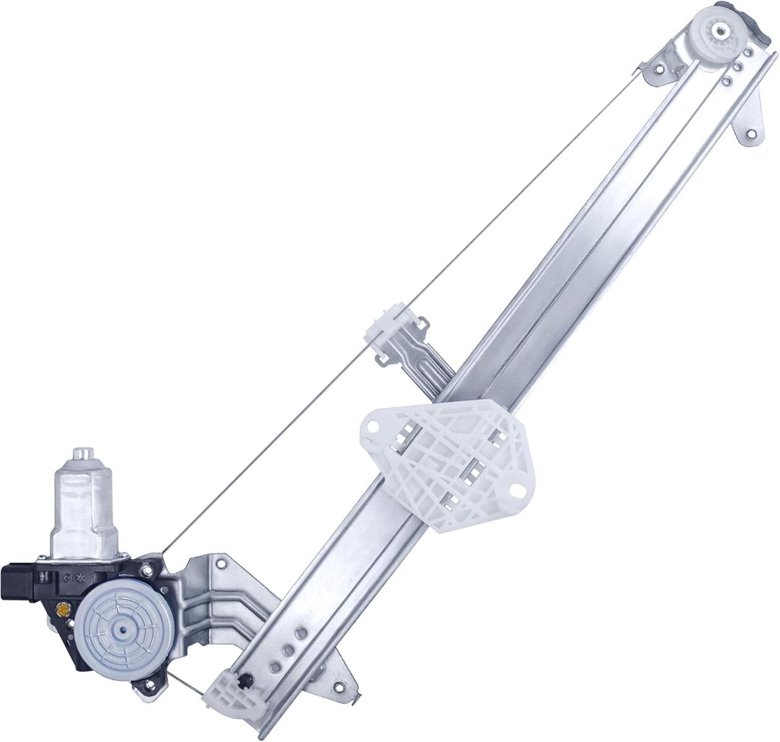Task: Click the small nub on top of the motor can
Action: click(82, 454)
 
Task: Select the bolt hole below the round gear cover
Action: click(148, 683)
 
